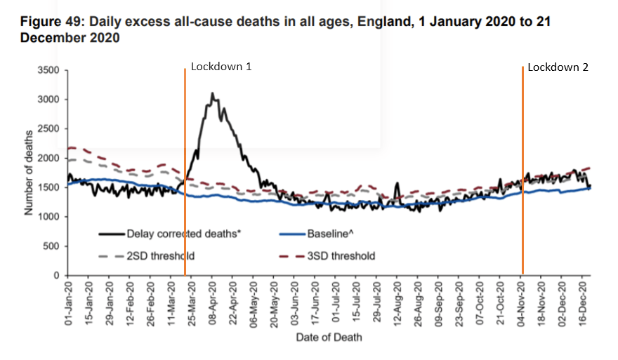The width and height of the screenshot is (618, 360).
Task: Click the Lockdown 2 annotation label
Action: [x=558, y=67]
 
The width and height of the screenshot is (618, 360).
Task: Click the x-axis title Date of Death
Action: [x=329, y=338]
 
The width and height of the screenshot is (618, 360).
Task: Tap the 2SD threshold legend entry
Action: [x=158, y=256]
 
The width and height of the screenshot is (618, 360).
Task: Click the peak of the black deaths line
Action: [x=211, y=93]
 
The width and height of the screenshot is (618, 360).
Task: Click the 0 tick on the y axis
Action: [x=59, y=276]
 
